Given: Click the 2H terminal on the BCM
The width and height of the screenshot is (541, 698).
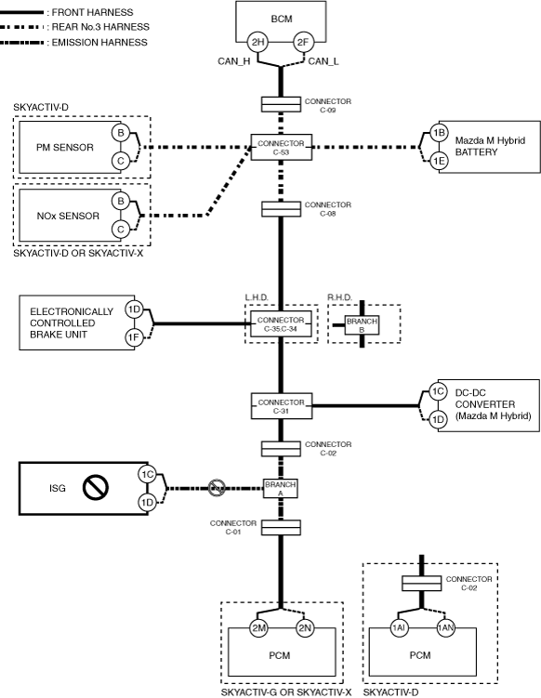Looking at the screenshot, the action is (257, 43).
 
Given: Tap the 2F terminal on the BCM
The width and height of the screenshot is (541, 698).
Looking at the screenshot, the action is (303, 43).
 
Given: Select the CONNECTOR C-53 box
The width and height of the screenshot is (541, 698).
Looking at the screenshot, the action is (281, 148).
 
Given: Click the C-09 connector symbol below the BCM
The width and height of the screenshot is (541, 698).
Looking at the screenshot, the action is (281, 105).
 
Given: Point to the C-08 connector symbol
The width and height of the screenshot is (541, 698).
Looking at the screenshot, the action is (281, 209).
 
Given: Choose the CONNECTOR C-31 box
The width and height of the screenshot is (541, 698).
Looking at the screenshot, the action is (282, 406).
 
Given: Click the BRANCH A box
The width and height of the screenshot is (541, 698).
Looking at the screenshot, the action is (280, 488).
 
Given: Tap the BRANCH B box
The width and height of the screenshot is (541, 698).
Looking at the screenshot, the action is (362, 325).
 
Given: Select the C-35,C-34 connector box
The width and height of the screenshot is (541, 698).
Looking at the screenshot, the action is (281, 324).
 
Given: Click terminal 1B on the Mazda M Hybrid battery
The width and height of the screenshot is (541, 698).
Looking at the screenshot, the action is (439, 133).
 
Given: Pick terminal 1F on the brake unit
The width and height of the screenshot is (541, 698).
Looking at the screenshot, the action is (134, 338).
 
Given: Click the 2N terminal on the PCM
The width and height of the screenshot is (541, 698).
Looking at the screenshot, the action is (305, 628).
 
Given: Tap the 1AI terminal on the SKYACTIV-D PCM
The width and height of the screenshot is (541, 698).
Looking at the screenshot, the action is (399, 628).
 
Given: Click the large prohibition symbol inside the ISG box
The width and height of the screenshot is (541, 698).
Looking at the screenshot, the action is (96, 488).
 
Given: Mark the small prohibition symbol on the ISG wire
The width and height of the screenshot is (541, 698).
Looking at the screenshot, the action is (217, 488).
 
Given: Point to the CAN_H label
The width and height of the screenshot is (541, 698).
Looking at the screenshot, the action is (233, 61).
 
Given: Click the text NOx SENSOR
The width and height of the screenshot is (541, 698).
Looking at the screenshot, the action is (68, 216).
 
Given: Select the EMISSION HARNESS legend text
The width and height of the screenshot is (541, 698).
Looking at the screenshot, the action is (99, 43).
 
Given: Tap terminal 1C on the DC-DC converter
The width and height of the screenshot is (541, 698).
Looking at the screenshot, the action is (438, 391).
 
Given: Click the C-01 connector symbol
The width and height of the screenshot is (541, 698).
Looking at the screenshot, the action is (281, 528).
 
